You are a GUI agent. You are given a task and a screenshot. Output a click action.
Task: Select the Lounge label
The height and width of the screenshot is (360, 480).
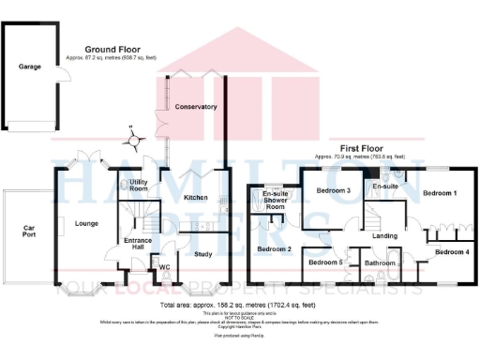(x=87, y=222)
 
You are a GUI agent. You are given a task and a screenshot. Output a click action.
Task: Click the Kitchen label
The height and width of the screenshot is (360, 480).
(x=195, y=198)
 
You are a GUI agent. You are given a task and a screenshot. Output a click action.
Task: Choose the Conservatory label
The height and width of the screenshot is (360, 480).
(x=196, y=107)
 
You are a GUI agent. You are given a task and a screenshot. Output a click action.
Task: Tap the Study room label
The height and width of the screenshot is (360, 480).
(x=202, y=253)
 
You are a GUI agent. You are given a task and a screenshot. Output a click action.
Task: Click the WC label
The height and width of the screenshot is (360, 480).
(x=164, y=267)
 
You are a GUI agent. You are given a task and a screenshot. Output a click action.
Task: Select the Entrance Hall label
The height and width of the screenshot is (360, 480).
(x=139, y=245)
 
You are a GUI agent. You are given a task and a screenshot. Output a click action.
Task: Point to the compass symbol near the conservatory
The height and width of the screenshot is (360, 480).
(x=136, y=141)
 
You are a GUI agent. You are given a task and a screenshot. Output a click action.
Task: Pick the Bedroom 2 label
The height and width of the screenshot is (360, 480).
(x=274, y=248)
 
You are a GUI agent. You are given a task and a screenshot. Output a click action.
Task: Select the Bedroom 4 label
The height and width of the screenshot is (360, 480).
(x=452, y=251)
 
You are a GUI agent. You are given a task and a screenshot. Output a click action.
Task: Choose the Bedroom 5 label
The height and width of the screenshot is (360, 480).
(x=324, y=262)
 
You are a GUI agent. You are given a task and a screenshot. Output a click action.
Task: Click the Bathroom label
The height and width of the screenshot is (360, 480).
(x=380, y=263)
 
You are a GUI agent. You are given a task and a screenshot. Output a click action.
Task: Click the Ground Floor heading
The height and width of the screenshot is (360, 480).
(x=112, y=49)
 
